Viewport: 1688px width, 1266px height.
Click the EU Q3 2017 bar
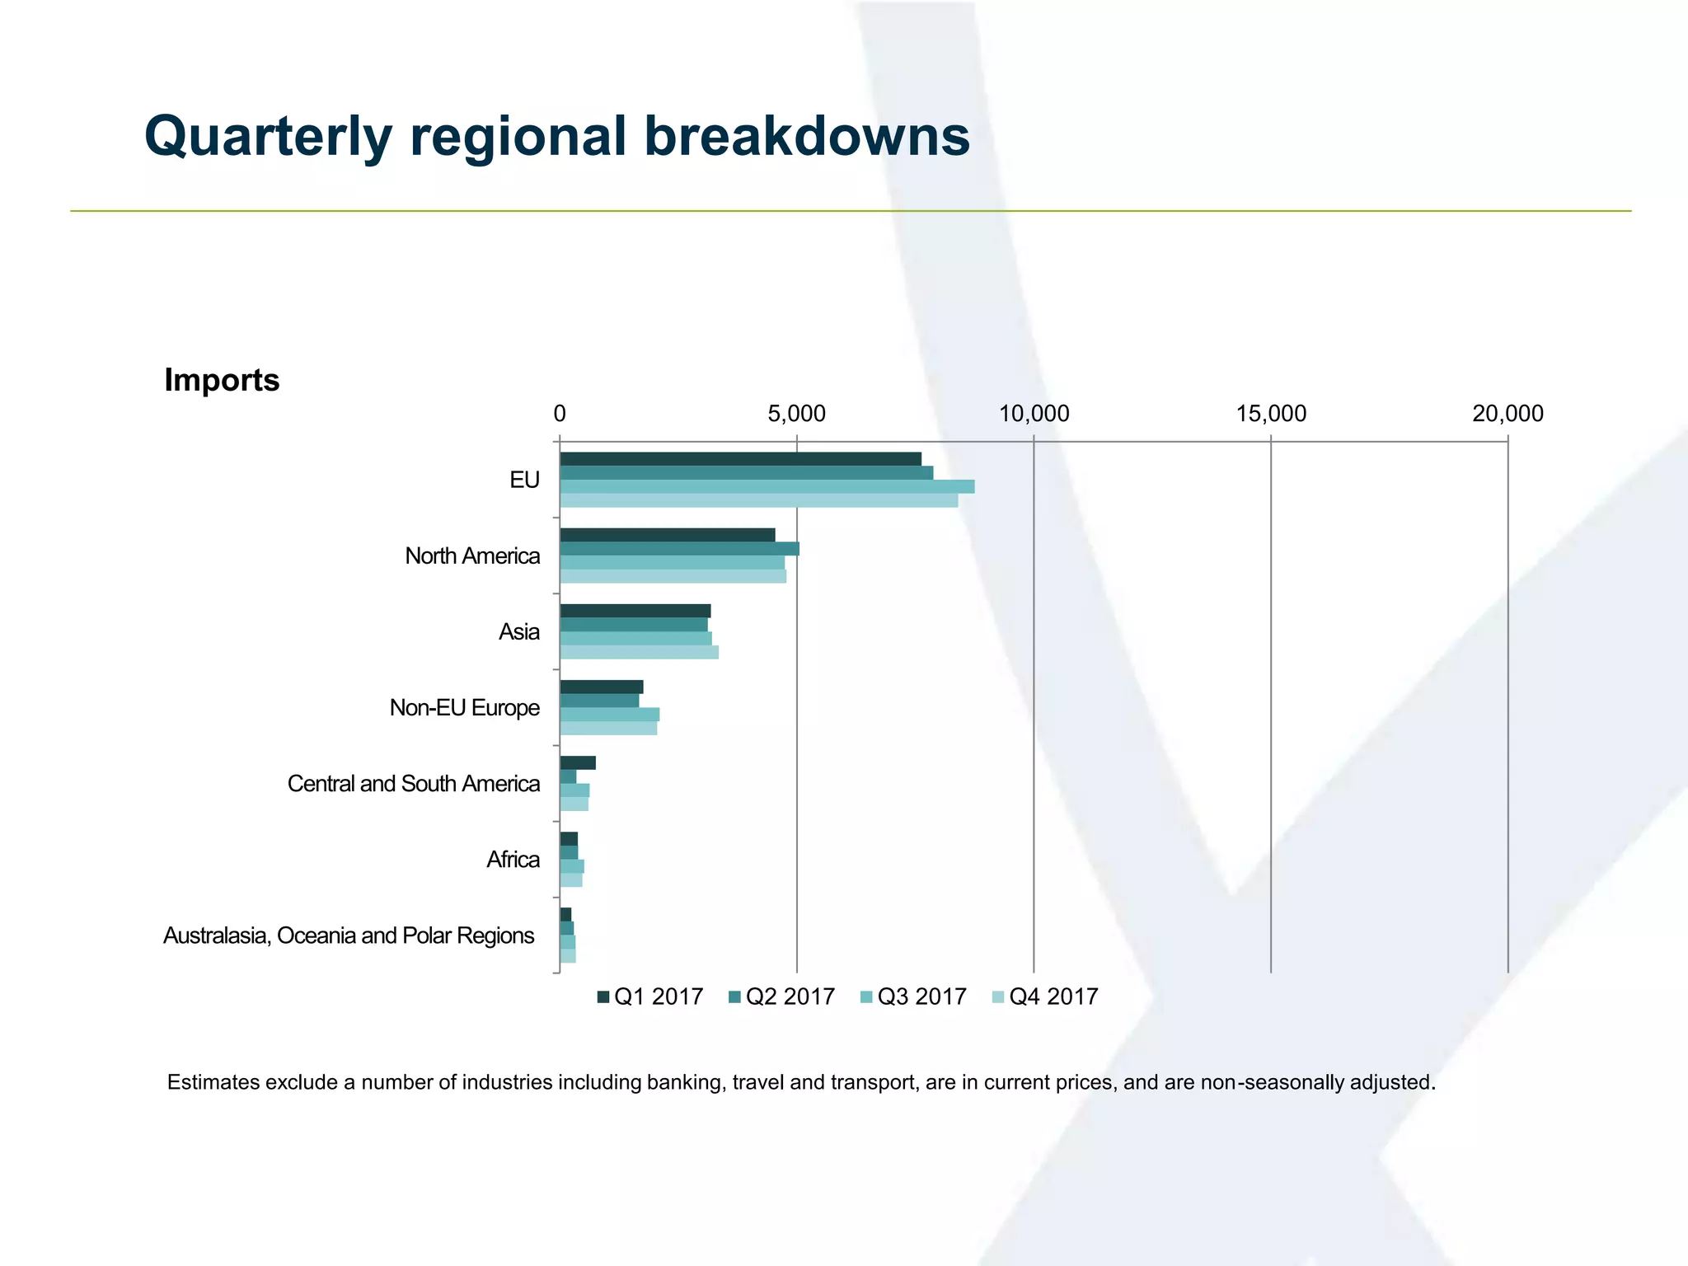click(767, 486)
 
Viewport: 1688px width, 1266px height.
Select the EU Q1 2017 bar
click(740, 459)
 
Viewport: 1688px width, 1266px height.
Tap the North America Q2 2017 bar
click(679, 549)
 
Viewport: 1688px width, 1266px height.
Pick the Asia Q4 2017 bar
click(639, 652)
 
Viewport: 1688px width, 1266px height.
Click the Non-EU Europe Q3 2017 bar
click(609, 715)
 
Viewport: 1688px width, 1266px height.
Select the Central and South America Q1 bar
click(577, 763)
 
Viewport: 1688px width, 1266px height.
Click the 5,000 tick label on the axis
click(796, 414)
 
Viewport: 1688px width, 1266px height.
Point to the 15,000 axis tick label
click(1270, 414)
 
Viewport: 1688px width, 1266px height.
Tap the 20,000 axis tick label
click(1507, 414)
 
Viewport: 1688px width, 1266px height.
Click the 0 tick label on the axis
click(560, 414)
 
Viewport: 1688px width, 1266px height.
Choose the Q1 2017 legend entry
click(650, 996)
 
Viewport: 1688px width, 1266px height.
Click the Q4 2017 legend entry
click(1044, 996)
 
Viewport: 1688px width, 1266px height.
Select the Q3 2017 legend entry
click(913, 996)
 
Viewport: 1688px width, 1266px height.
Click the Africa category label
click(513, 860)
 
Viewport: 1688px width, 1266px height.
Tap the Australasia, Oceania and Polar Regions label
click(349, 935)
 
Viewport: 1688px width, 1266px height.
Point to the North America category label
click(472, 556)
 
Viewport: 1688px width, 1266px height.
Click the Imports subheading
click(222, 380)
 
